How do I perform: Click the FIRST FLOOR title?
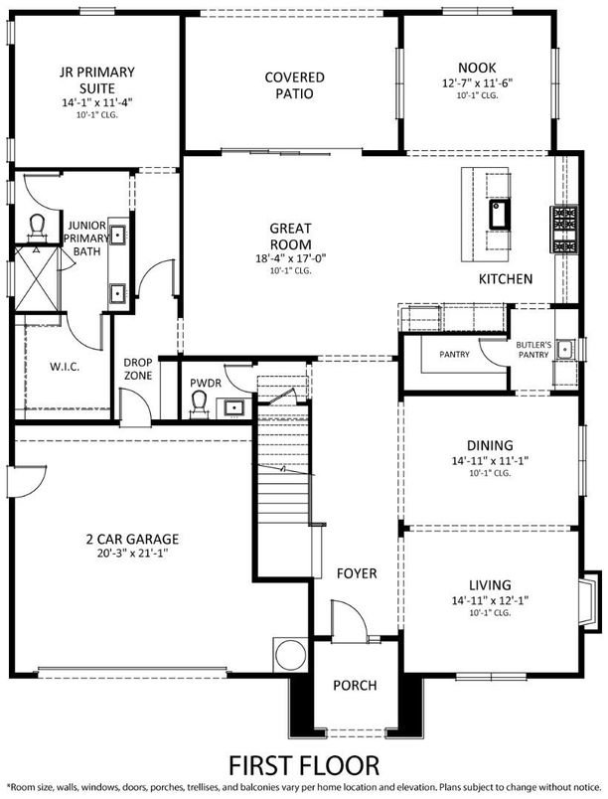point(303,766)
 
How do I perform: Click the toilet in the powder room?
point(197,401)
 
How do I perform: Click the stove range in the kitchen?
point(565,230)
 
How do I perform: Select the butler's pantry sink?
point(565,349)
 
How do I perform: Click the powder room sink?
point(234,405)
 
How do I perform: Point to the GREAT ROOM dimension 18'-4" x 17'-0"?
point(291,259)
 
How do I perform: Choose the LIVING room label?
point(490,584)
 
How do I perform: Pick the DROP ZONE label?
point(137,370)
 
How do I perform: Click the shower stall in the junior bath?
point(37,276)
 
